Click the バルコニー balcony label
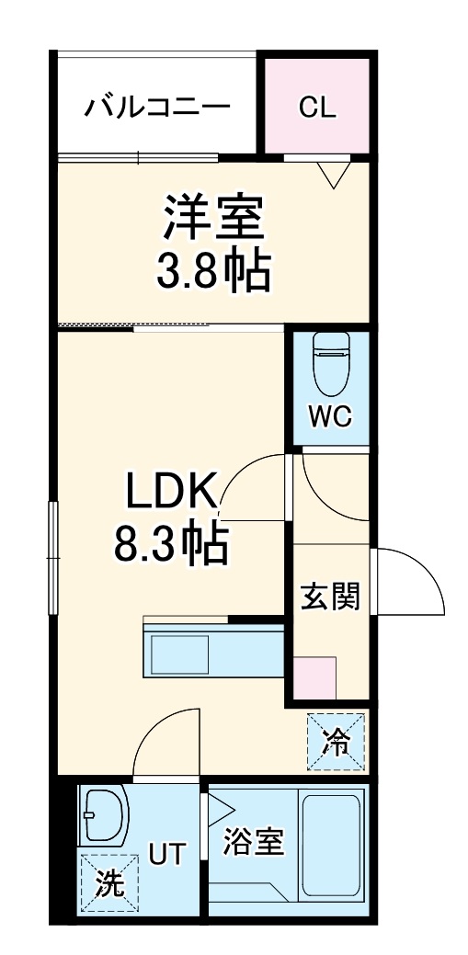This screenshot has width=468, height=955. pos(157,108)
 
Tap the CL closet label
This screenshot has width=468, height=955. pos(317,108)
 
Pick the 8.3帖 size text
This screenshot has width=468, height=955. pos(171,545)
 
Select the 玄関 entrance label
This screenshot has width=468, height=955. pos(330,598)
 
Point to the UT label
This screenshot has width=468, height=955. pos(167,855)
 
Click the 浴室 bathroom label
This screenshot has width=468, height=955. pos(253,843)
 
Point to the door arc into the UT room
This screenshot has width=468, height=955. pos(165,735)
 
